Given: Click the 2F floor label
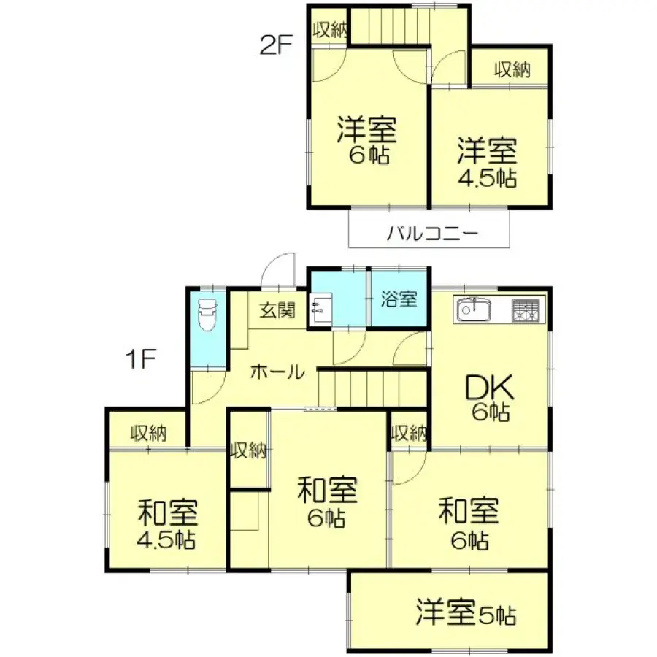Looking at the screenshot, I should [x=276, y=45].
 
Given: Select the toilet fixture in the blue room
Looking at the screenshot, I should [x=208, y=315].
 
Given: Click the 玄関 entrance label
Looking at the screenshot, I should [x=277, y=311].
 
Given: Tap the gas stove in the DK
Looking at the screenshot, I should [x=528, y=310].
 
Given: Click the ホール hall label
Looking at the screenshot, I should [x=277, y=372].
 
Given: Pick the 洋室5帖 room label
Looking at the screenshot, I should [x=467, y=613].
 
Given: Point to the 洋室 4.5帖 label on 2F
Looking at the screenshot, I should [x=488, y=164].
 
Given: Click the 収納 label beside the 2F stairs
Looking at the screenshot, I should [x=329, y=30].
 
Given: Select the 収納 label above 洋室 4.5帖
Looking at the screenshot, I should [x=512, y=70].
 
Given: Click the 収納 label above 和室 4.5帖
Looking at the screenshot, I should [x=149, y=434].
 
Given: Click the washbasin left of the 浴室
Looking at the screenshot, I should [x=320, y=309].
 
